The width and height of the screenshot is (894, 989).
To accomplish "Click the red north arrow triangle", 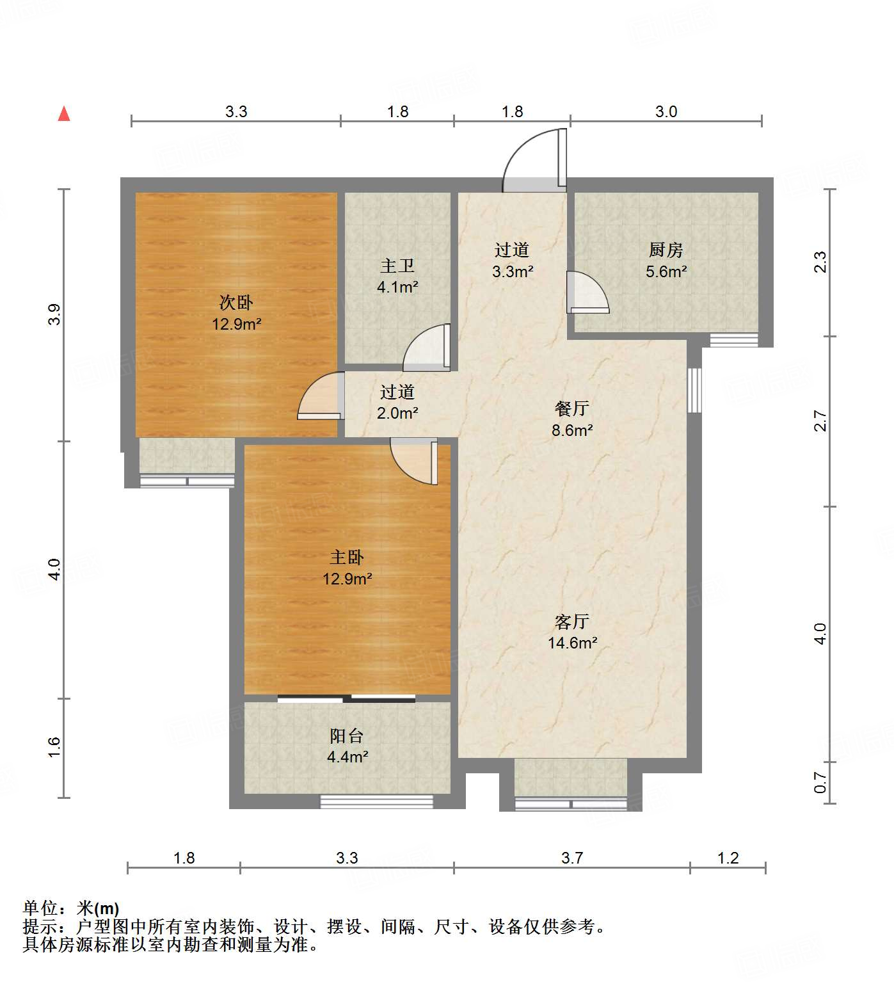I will coord(64,114).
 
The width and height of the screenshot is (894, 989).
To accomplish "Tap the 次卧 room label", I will coord(236,302).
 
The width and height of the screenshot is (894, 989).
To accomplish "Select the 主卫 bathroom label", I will coord(397,265).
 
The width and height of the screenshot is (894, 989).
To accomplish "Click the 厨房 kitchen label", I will coord(666,250).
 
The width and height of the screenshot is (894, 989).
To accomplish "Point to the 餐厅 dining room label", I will coord(572,408).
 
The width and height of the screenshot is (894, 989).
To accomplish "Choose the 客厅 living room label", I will coord(572,622).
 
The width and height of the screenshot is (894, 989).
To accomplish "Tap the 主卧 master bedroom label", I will coord(347,558).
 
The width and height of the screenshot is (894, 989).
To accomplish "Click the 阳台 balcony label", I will coord(347,736).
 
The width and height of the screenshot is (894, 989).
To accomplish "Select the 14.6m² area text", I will coord(572,643).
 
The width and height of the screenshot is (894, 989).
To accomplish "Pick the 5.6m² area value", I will coord(666,271).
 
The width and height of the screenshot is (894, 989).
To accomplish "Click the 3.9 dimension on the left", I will coord(54,314).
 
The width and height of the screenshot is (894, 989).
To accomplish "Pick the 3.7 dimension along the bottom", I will coord(571,858).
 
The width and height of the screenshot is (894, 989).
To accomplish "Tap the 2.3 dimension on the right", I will coord(820,262).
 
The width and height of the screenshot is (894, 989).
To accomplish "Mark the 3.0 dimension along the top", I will coord(666,112).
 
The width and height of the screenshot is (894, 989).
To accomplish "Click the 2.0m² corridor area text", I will coord(397,413).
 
